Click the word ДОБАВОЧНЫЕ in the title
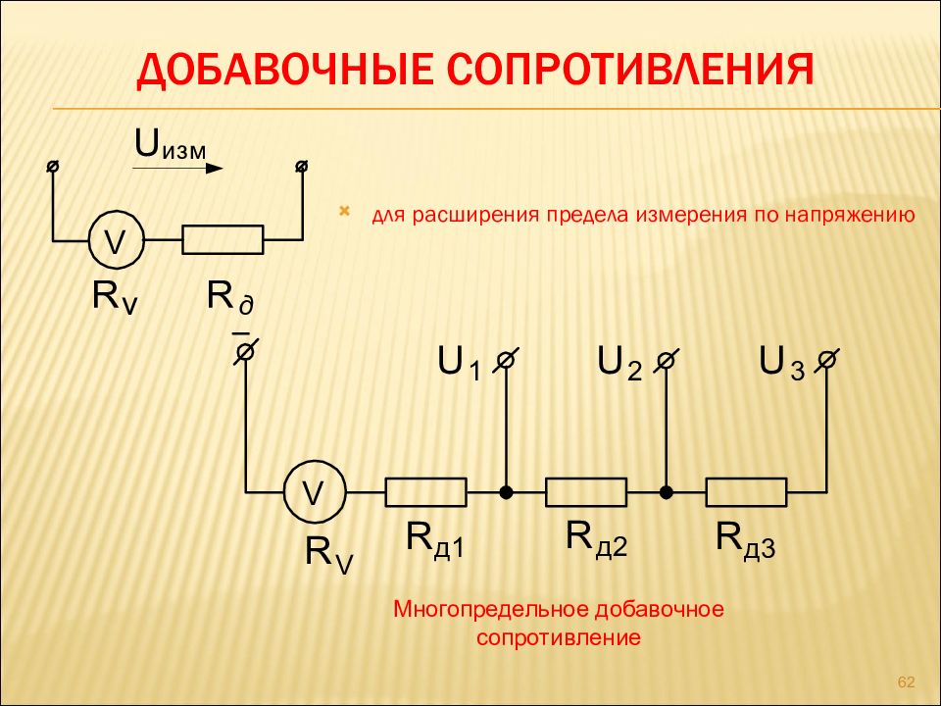click(285, 71)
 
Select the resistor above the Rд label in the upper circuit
click(223, 239)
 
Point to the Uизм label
click(171, 145)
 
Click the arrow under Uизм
click(177, 168)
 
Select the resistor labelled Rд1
click(426, 492)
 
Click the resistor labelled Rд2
click(586, 492)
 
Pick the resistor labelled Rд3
click(746, 492)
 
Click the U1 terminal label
click(459, 363)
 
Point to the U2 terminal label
click(619, 363)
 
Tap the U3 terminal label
click(781, 363)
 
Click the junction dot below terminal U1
click(507, 493)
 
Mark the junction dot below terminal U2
click(667, 493)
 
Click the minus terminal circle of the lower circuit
click(245, 351)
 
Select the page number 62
click(906, 682)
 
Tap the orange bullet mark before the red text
click(344, 211)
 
